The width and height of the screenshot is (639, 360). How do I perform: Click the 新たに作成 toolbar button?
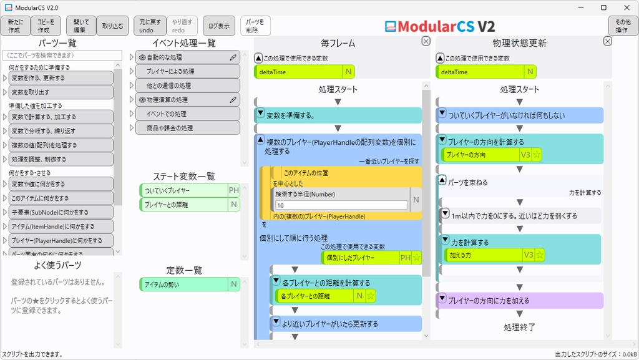click(15, 26)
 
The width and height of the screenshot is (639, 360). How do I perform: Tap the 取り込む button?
click(113, 26)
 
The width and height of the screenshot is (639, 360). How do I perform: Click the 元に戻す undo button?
click(149, 26)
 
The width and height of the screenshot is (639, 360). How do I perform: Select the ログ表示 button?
click(219, 26)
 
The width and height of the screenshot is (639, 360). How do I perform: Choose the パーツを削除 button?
click(256, 26)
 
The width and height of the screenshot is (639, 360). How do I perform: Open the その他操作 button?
click(623, 26)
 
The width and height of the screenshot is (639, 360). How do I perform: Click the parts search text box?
click(61, 56)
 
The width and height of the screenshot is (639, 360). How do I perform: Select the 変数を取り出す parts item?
click(61, 92)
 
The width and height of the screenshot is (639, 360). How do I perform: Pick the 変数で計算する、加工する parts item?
click(61, 117)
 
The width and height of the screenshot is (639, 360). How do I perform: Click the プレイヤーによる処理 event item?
click(187, 71)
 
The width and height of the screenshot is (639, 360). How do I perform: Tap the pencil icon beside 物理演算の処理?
click(233, 99)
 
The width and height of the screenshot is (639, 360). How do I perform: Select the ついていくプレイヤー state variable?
click(183, 190)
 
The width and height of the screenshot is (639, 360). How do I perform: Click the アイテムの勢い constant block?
click(183, 285)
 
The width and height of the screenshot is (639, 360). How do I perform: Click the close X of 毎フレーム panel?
click(426, 41)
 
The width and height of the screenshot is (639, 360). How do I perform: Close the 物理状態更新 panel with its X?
click(607, 41)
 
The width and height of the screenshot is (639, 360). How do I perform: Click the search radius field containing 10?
click(341, 205)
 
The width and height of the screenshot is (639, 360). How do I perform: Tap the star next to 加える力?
click(540, 255)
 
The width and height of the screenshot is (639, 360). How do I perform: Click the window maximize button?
click(603, 7)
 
